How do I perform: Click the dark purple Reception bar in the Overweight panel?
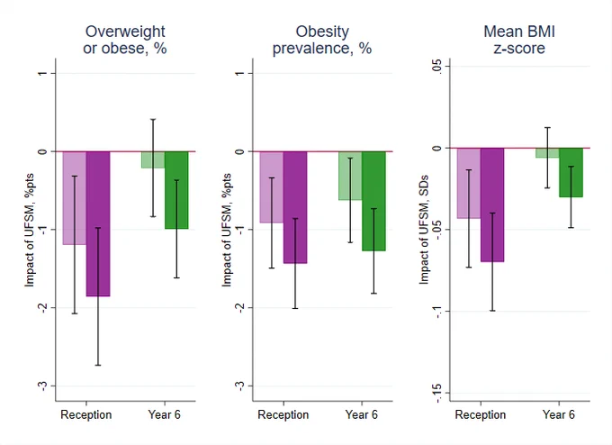pyautogui.click(x=98, y=224)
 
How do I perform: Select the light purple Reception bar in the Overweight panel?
pyautogui.click(x=75, y=198)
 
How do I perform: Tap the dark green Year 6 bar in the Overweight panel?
pyautogui.click(x=176, y=190)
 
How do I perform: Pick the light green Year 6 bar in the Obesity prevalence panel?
pyautogui.click(x=350, y=176)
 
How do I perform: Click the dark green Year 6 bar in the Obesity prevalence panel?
pyautogui.click(x=373, y=201)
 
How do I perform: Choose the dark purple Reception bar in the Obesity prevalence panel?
pyautogui.click(x=295, y=207)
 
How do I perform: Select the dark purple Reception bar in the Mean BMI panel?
pyautogui.click(x=492, y=204)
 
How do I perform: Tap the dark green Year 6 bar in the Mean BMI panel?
pyautogui.click(x=571, y=173)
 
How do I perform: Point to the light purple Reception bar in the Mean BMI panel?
pyautogui.click(x=469, y=183)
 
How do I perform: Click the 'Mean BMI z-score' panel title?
pyautogui.click(x=519, y=40)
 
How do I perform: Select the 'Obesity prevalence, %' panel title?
pyautogui.click(x=322, y=40)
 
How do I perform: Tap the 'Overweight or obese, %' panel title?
pyautogui.click(x=125, y=40)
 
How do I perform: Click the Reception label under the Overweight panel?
pyautogui.click(x=85, y=414)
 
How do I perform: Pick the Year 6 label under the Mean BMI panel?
pyautogui.click(x=559, y=414)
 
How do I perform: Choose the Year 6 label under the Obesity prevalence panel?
pyautogui.click(x=362, y=414)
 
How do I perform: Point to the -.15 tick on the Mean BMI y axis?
pyautogui.click(x=436, y=393)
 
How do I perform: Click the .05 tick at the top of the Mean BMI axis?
pyautogui.click(x=436, y=66)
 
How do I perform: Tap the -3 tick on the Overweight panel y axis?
pyautogui.click(x=42, y=386)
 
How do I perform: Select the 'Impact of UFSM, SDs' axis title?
pyautogui.click(x=424, y=230)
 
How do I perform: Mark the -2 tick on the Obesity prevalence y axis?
pyautogui.click(x=239, y=308)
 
